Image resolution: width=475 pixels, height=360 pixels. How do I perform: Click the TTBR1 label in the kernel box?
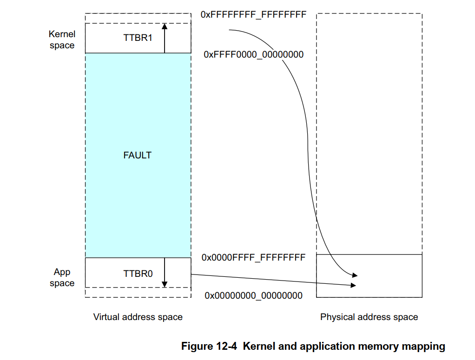click(x=138, y=38)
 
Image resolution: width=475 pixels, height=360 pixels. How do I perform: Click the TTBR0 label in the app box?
click(x=138, y=274)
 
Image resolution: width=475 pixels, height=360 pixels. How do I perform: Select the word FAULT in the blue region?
click(x=138, y=155)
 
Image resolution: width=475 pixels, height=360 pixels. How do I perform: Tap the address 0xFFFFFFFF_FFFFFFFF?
click(x=253, y=14)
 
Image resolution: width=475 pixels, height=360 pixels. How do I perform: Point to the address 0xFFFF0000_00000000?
click(x=253, y=55)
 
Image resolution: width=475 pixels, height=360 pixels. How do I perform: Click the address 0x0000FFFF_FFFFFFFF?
click(x=253, y=257)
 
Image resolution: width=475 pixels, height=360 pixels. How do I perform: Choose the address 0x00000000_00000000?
click(x=253, y=295)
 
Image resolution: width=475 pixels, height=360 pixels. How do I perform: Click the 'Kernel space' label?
click(x=62, y=39)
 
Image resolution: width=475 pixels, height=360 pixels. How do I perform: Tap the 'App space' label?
click(x=62, y=277)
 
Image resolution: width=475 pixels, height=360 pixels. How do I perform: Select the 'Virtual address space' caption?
click(x=138, y=317)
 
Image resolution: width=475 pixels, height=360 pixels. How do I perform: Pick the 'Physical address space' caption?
click(x=369, y=317)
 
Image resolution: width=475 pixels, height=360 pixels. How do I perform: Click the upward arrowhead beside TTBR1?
click(x=165, y=26)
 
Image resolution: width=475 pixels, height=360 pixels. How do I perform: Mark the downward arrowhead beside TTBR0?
click(x=165, y=284)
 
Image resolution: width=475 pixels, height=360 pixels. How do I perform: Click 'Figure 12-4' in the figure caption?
click(x=210, y=346)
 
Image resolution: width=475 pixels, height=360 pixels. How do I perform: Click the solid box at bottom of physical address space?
click(x=369, y=276)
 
